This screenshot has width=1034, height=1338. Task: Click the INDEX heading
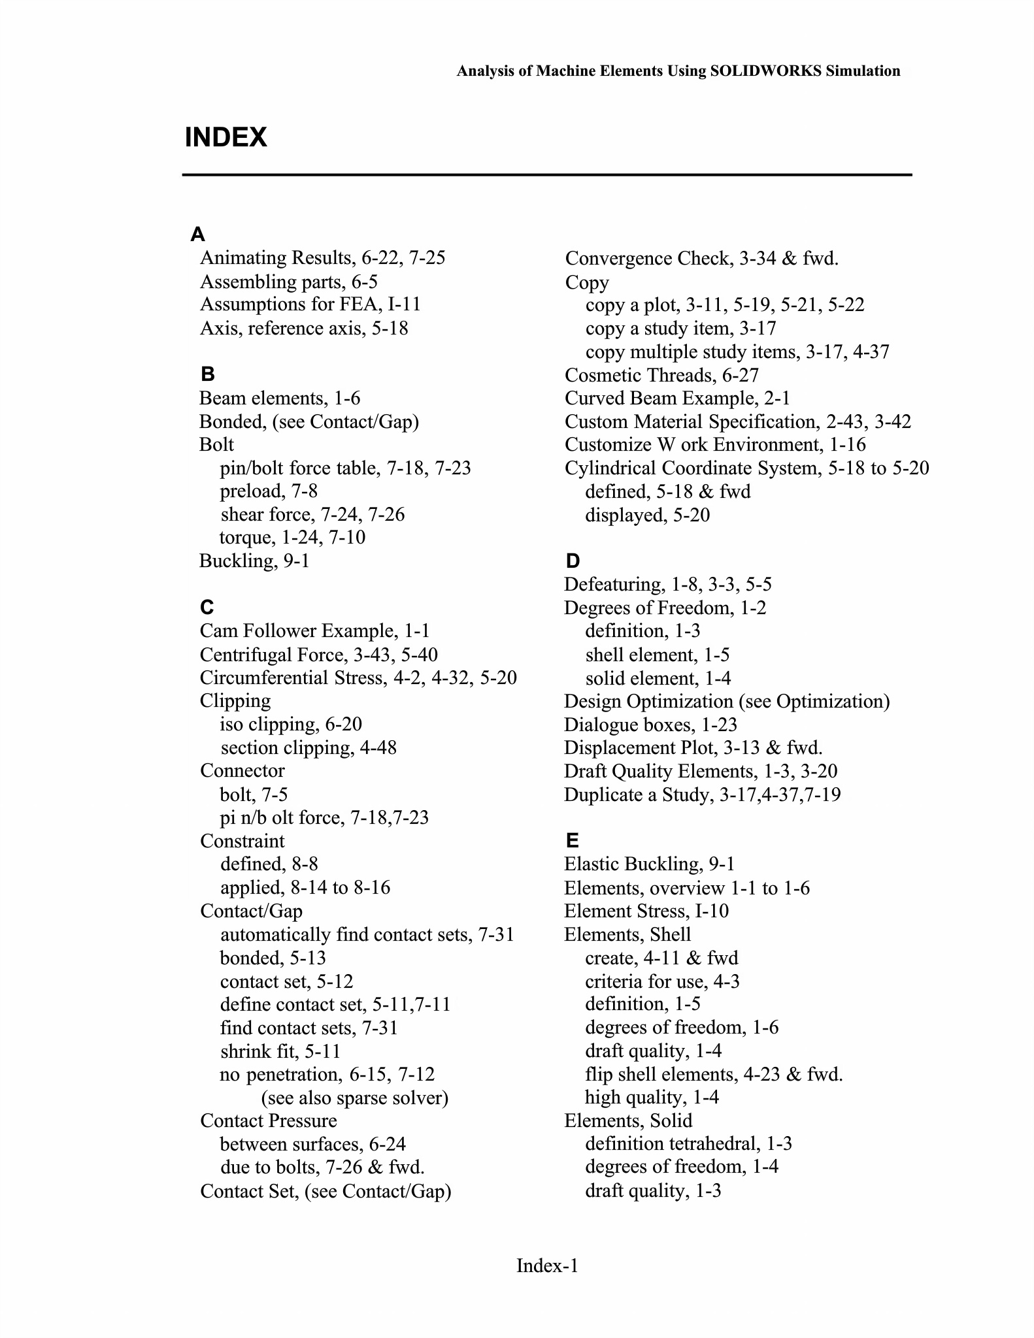pyautogui.click(x=225, y=138)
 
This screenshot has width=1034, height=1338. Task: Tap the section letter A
pyautogui.click(x=197, y=234)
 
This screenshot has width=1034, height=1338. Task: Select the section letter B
pyautogui.click(x=208, y=374)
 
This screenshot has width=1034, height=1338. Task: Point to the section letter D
pyautogui.click(x=573, y=561)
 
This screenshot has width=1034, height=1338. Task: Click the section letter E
pyautogui.click(x=572, y=840)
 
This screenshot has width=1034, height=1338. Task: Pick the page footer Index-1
pyautogui.click(x=547, y=1265)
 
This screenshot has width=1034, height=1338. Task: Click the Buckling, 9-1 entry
pyautogui.click(x=254, y=561)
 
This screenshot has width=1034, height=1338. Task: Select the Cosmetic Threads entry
pyautogui.click(x=661, y=375)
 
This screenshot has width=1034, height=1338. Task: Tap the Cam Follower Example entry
pyautogui.click(x=315, y=631)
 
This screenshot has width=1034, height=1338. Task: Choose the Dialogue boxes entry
pyautogui.click(x=650, y=725)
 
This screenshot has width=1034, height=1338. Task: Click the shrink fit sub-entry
pyautogui.click(x=280, y=1051)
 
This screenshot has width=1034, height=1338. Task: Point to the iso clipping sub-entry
pyautogui.click(x=291, y=725)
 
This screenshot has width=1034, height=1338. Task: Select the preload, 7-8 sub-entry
pyautogui.click(x=269, y=491)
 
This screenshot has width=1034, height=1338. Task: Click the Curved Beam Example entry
pyautogui.click(x=677, y=399)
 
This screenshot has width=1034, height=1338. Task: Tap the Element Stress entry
pyautogui.click(x=646, y=911)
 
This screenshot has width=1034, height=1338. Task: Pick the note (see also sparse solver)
pyautogui.click(x=355, y=1098)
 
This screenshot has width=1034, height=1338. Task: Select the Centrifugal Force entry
pyautogui.click(x=319, y=655)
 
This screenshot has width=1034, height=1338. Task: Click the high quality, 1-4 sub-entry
pyautogui.click(x=652, y=1098)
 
